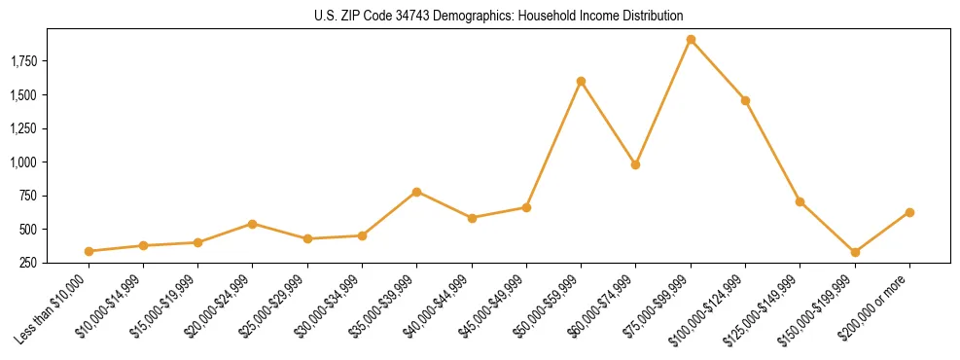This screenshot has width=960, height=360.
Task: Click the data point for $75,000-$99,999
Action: (x=691, y=40)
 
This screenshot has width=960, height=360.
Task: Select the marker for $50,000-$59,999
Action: (x=581, y=82)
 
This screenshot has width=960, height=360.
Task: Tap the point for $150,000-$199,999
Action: (x=855, y=252)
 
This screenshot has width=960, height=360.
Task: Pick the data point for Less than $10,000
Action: (x=89, y=251)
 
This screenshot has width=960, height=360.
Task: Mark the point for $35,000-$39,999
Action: (x=416, y=192)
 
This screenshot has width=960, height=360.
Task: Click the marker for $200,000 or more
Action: (x=909, y=212)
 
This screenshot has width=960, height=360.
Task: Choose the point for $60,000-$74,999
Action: (x=635, y=164)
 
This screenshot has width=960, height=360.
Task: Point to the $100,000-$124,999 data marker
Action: (x=745, y=100)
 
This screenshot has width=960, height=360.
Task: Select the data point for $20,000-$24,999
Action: (x=253, y=224)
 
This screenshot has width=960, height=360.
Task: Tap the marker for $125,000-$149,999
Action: (x=800, y=201)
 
